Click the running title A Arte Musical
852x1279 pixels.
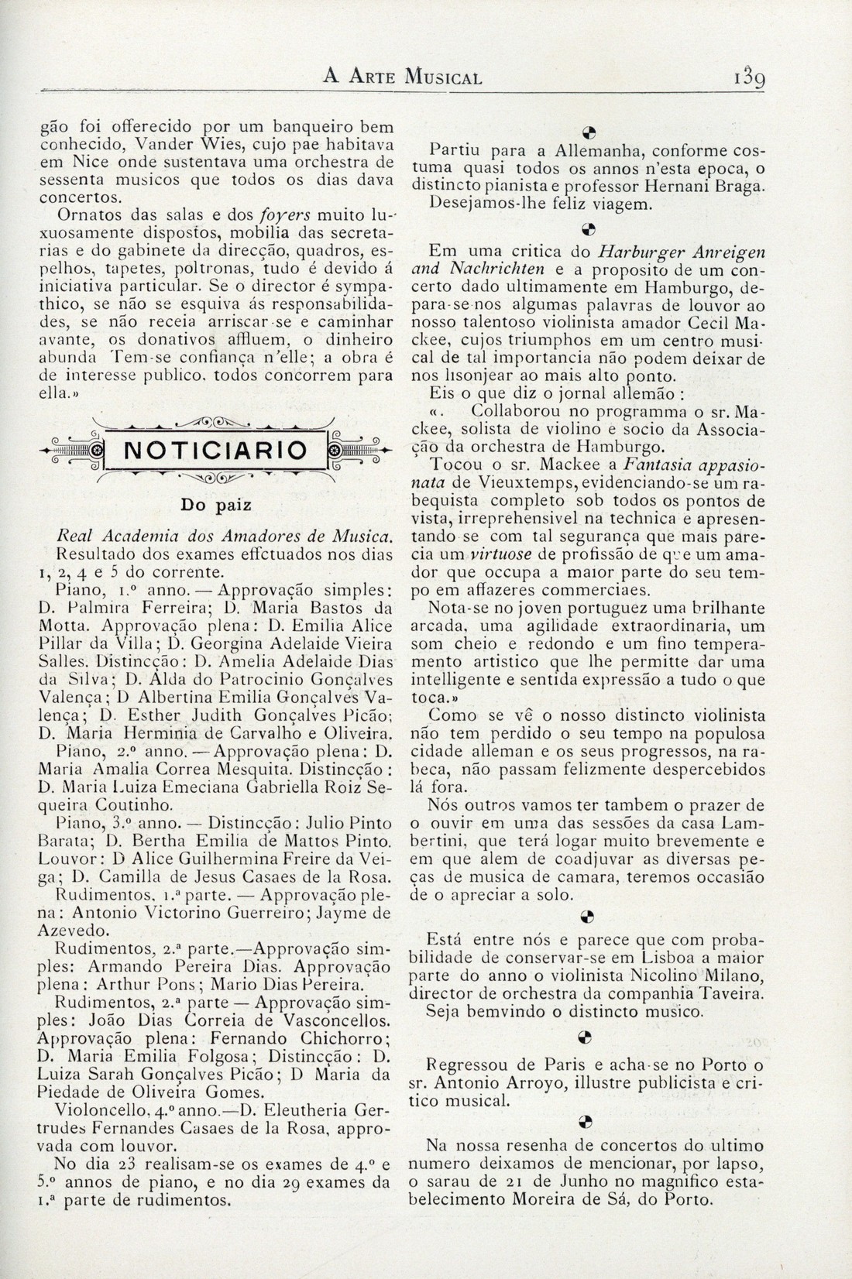pos(402,77)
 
